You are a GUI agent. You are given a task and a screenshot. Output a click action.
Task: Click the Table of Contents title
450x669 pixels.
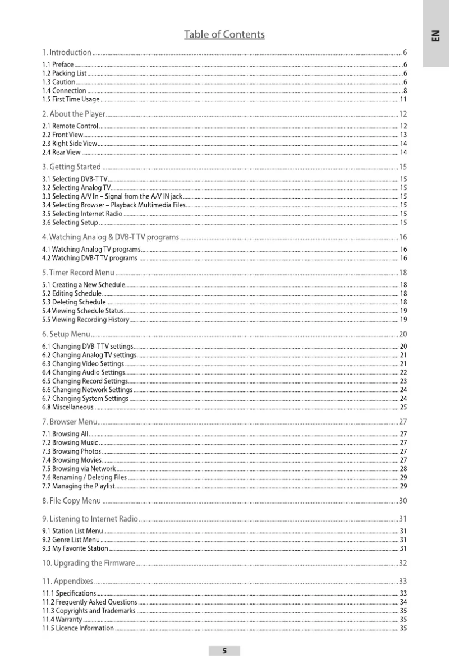tap(224, 35)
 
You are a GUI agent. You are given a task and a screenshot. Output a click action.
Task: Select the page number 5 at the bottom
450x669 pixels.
tap(224, 651)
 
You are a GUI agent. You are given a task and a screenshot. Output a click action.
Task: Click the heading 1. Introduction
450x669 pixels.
tap(67, 53)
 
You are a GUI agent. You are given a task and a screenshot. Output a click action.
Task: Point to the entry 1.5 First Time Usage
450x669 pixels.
tap(71, 99)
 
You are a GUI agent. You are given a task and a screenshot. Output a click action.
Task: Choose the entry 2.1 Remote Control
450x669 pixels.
tap(70, 126)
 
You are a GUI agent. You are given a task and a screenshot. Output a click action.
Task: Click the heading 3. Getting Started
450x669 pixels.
tap(71, 167)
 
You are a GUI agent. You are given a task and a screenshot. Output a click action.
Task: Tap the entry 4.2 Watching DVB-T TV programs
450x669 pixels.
tap(90, 258)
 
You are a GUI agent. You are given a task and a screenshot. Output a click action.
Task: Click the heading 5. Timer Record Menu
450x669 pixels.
tap(78, 273)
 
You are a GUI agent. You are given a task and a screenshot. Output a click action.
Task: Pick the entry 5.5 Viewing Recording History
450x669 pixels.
tap(86, 320)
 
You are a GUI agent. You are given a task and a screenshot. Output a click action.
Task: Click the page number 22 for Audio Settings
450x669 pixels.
tap(403, 372)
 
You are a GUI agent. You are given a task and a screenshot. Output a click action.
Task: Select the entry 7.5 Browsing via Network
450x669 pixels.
tap(79, 469)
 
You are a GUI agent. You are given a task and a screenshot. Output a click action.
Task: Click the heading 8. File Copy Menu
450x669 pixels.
tap(72, 500)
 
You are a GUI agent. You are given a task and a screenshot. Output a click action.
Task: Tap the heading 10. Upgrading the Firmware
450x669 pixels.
tap(89, 563)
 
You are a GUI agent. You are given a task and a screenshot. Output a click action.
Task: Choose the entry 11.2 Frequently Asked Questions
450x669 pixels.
tap(90, 602)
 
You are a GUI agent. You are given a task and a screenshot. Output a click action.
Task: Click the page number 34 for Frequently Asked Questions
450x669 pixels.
tap(403, 602)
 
